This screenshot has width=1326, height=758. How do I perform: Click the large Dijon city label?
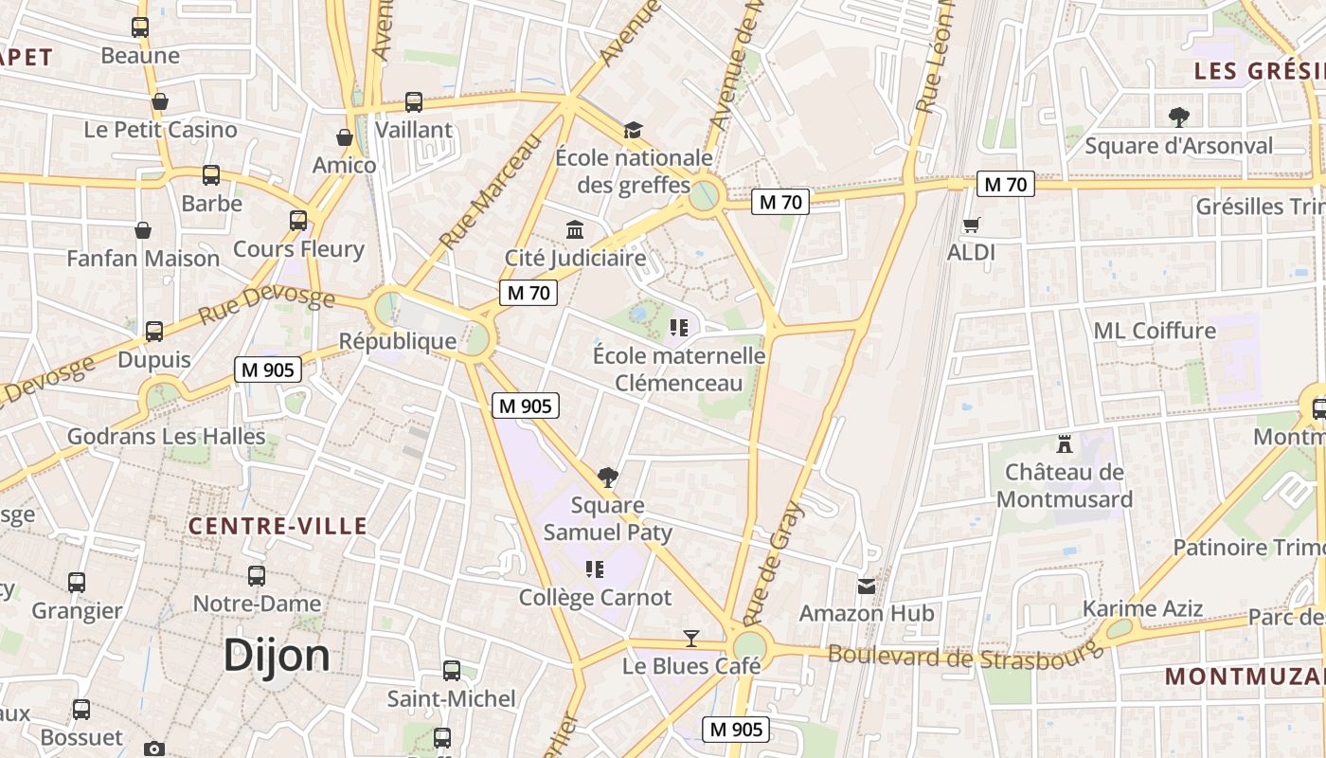point(277,656)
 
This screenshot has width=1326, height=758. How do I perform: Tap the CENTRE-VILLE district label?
point(277,526)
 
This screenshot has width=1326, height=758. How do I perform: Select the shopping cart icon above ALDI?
point(971,226)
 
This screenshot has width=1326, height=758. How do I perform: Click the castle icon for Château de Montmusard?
point(1064,443)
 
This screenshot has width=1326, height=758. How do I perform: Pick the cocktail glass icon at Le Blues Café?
point(691,639)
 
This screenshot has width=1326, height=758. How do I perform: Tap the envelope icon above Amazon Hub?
point(866,587)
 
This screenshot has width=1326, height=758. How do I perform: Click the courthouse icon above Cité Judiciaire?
point(575,229)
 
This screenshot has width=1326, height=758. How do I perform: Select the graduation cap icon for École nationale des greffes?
point(633,130)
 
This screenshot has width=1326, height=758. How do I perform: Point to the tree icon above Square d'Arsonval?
point(1178,117)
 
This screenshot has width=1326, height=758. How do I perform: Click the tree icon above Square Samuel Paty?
point(608,477)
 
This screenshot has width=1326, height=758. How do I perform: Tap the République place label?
point(398,341)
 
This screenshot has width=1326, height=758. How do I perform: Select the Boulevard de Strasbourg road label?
point(966,655)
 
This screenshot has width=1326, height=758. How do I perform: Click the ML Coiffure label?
point(1155,331)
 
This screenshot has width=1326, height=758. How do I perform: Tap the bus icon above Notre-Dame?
point(257,576)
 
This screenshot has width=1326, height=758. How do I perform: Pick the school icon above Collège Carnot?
point(595,569)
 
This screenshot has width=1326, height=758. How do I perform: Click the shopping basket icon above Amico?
point(345,138)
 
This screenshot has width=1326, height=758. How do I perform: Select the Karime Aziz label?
point(1142,608)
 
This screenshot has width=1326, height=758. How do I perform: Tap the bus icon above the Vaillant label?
point(414,102)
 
